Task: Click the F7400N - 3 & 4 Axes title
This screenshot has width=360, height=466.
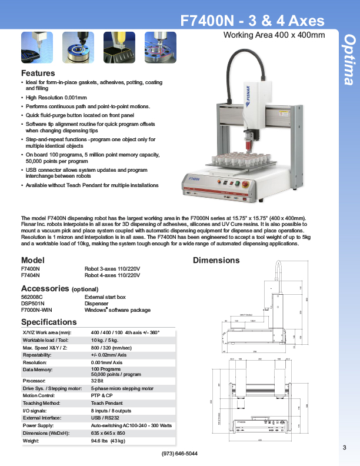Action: pos(252,21)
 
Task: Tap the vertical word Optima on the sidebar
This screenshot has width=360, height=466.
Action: pos(349,59)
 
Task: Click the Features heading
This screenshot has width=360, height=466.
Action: pos(38,73)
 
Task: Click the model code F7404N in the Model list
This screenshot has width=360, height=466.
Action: pos(31,275)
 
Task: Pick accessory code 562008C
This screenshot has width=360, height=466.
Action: pos(32,297)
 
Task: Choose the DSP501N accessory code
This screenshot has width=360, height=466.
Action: pos(33,304)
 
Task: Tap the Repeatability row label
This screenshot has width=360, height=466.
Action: pos(37,355)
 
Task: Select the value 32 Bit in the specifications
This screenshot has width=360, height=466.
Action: pos(98,381)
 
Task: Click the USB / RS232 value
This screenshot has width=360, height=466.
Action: pos(105,418)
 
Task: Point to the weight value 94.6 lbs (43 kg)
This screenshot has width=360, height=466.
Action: pos(108,440)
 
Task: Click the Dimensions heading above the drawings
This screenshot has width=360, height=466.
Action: pos(216,260)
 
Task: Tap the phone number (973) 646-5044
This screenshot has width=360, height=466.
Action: pos(179,454)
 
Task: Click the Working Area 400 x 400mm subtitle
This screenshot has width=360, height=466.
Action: pos(274,35)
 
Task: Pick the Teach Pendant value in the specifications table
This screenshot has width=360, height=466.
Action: pos(106,403)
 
